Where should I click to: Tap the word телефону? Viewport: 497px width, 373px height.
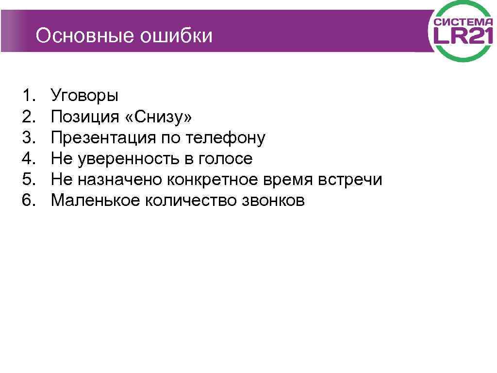[225, 138]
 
